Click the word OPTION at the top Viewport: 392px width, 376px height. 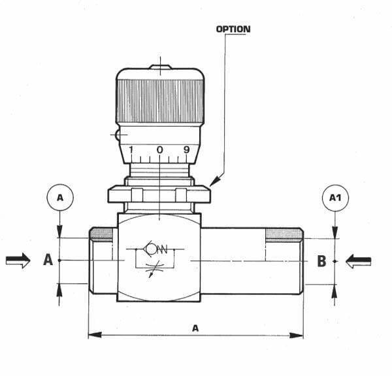pos(233,29)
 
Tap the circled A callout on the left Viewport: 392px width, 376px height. pos(60,198)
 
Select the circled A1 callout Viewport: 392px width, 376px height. pos(335,198)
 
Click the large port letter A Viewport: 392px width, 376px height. pos(48,260)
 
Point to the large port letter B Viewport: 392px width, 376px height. pos(321,261)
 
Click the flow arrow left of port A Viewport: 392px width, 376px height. pos(18,260)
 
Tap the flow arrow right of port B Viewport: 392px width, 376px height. pos(359,261)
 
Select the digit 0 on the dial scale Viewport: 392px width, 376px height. pos(160,149)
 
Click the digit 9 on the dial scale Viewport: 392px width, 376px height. pos(187,149)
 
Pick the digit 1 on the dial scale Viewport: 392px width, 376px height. pos(131,150)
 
